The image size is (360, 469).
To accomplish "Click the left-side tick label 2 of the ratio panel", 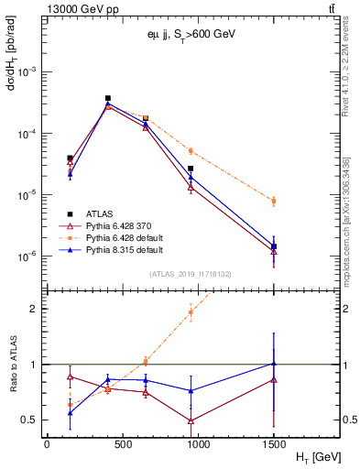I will tap(34, 309).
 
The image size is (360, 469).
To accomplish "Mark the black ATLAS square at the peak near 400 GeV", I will tap(108, 98).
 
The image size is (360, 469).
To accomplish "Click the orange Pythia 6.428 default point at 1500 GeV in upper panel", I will tap(274, 201).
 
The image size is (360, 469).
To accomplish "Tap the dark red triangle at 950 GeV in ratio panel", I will tap(191, 420).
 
